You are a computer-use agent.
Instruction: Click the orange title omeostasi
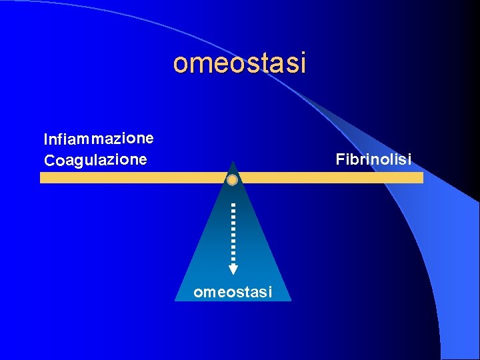click(239, 63)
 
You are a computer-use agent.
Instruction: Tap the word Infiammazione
click(99, 139)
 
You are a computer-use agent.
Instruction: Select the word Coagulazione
click(95, 160)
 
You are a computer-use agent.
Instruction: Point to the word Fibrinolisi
click(373, 159)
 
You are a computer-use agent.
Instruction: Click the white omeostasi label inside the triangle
click(233, 291)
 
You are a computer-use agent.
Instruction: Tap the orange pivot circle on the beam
click(232, 180)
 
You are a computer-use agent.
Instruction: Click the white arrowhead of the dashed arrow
click(233, 269)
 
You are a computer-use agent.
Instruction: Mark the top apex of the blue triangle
click(233, 162)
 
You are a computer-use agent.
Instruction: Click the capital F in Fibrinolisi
click(340, 159)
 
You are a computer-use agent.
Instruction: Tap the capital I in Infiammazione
click(46, 139)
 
